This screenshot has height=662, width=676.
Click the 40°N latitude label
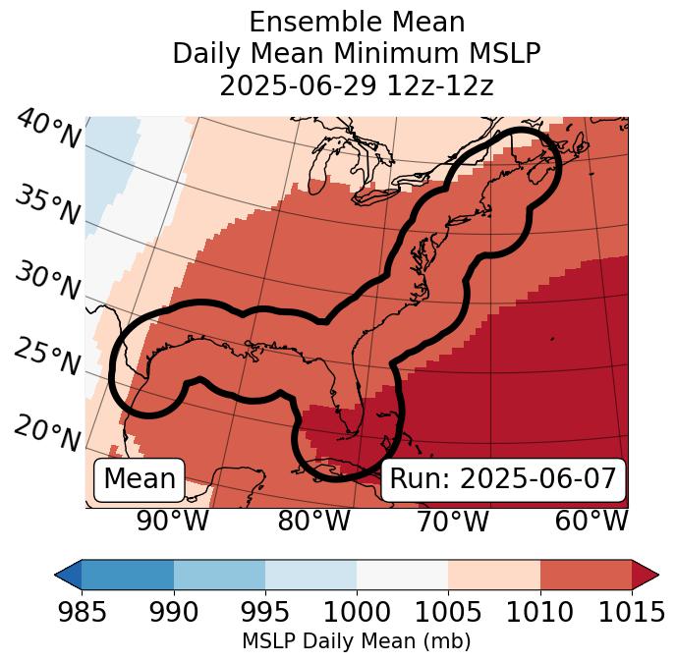click(48, 130)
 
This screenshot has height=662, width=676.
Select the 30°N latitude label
click(48, 282)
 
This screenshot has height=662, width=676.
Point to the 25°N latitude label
click(48, 359)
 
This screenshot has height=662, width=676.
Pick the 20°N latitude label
click(48, 433)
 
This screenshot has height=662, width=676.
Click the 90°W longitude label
click(172, 521)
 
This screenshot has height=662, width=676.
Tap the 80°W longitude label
click(313, 521)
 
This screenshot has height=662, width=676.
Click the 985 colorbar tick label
click(82, 612)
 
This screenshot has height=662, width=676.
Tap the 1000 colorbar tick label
click(356, 612)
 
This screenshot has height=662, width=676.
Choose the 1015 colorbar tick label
click(631, 612)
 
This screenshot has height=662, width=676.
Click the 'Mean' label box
click(140, 479)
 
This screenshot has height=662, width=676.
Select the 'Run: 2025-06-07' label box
click(503, 479)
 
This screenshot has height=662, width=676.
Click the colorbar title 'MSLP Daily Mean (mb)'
click(356, 641)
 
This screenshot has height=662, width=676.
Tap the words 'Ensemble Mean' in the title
click(356, 22)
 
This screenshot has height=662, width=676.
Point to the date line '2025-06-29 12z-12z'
click(356, 85)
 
